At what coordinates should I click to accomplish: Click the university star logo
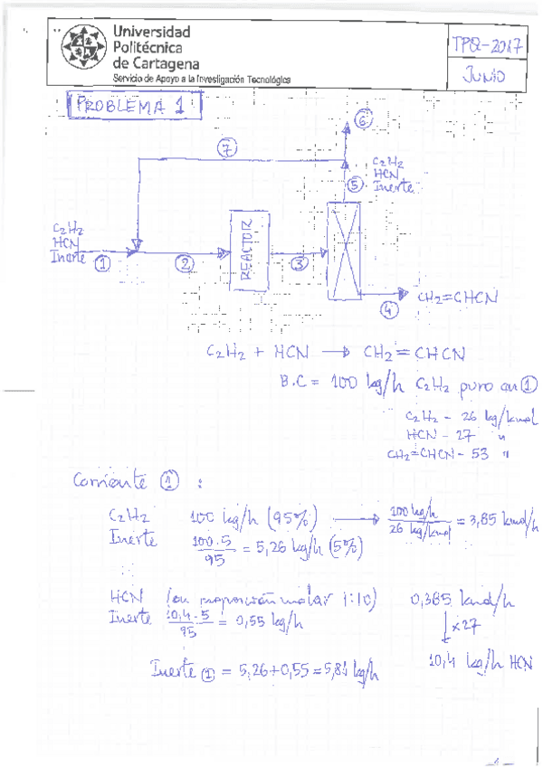[x=80, y=51]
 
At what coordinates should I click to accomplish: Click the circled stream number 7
[x=227, y=147]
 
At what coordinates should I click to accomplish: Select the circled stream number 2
[x=186, y=263]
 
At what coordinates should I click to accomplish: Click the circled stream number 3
[x=300, y=262]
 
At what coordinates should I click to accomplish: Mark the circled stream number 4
[x=389, y=308]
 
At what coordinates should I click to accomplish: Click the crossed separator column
[x=343, y=249]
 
